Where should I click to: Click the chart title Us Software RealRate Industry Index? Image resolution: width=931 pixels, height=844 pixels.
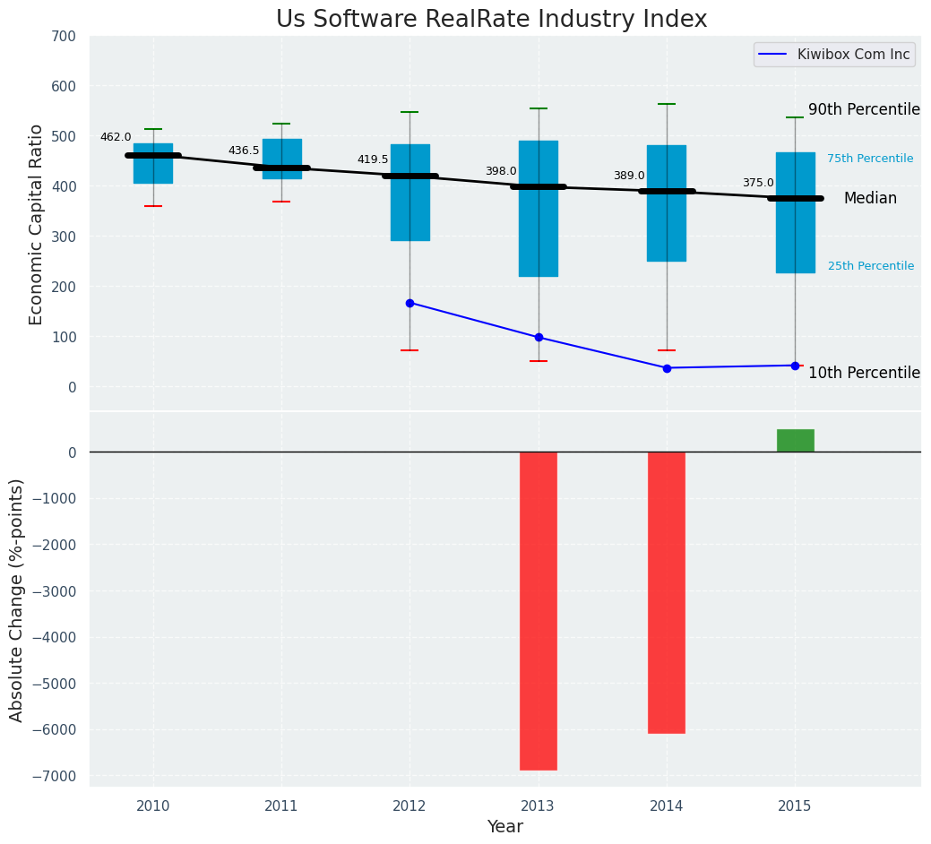[491, 20]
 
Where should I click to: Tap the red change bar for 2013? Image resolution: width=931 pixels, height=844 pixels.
[539, 610]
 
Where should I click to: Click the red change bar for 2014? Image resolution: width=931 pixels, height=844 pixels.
[667, 592]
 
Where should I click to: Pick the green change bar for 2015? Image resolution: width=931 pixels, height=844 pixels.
[795, 440]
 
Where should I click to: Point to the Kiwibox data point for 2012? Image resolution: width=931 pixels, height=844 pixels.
[409, 303]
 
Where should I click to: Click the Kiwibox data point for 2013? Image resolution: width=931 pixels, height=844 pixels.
[539, 337]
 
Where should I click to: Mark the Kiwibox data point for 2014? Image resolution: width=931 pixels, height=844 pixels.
[667, 368]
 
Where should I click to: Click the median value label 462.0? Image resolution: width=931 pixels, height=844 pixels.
[116, 137]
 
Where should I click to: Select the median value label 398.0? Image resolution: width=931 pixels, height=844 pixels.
[501, 171]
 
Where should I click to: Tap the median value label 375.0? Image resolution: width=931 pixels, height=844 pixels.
[758, 183]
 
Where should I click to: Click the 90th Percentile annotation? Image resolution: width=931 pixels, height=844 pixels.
[864, 109]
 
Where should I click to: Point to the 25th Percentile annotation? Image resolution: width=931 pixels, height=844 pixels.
[870, 266]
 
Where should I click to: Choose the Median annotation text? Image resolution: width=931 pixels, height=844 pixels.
[870, 199]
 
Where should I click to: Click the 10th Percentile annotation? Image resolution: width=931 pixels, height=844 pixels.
[864, 373]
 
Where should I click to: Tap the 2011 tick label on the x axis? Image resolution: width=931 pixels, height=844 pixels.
[281, 806]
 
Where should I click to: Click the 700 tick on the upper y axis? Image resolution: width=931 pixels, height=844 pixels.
[64, 36]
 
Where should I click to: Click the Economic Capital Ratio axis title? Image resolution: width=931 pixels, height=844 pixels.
[37, 224]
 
